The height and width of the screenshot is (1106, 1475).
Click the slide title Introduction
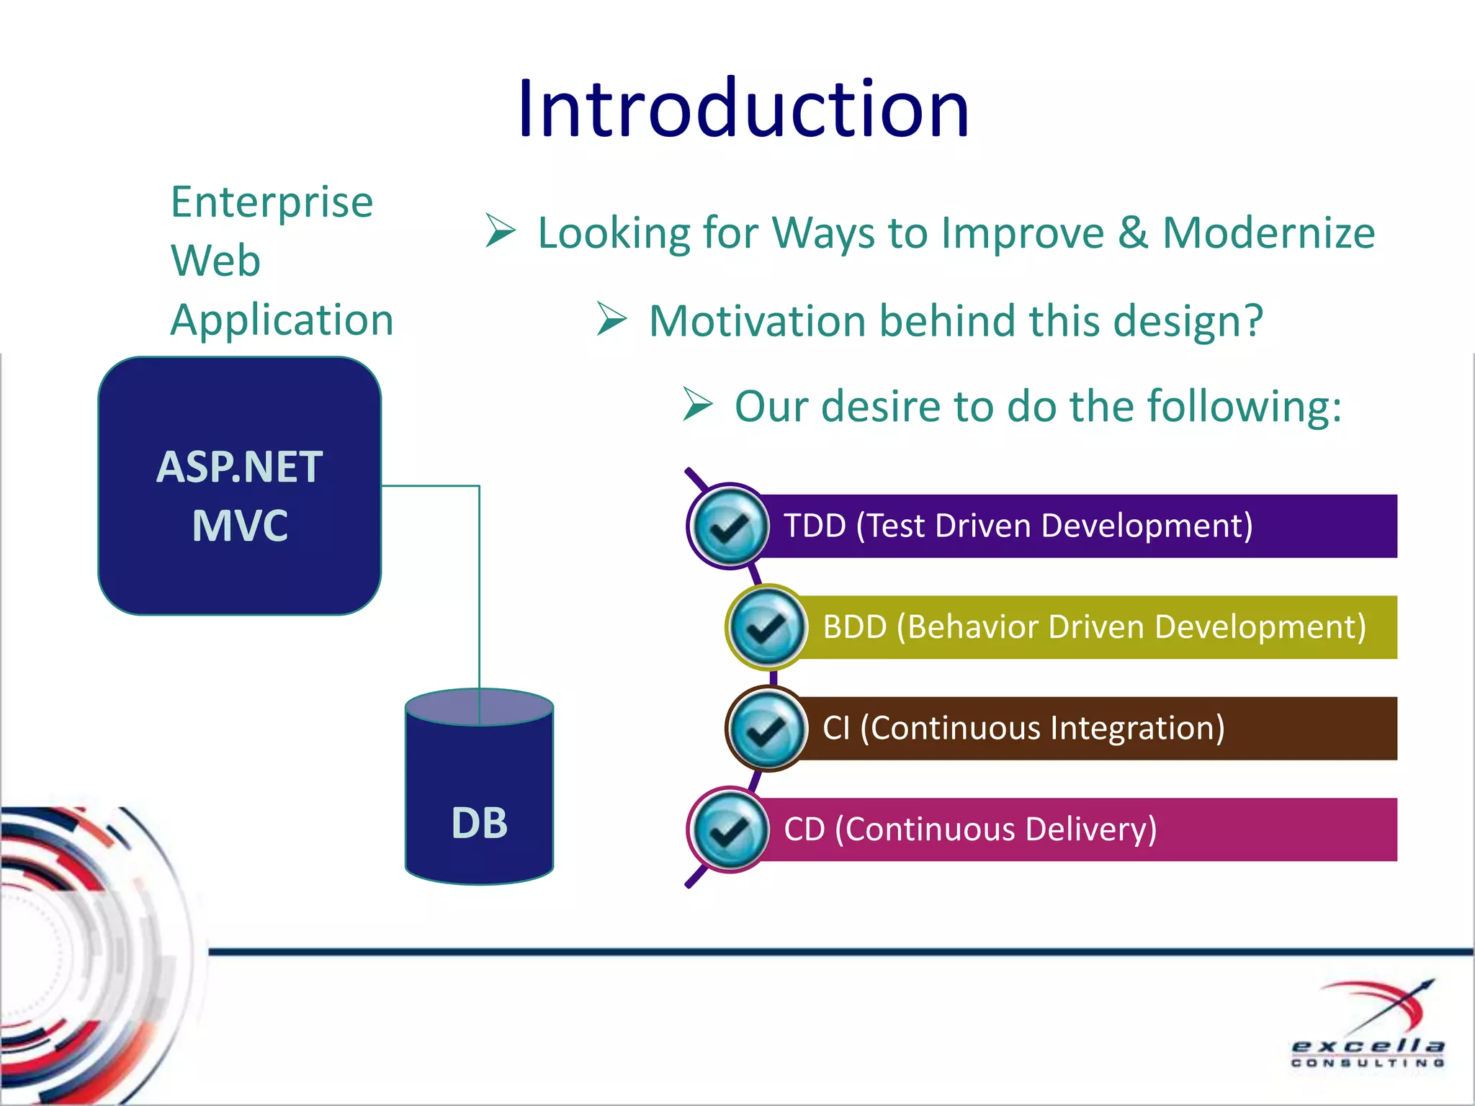743,109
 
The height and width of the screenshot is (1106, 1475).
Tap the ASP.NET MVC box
239,486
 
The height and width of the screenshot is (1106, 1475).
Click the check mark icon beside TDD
729,526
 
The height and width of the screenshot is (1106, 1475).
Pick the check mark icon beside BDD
767,627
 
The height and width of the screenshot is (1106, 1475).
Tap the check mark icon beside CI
767,729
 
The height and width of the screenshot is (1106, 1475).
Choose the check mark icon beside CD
729,829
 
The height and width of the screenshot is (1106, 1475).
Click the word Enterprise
272,202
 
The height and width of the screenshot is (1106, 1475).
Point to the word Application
282,320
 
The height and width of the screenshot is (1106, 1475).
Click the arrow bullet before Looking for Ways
500,231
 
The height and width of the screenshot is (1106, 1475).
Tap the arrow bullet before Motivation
611,319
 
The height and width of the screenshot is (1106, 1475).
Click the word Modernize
1268,233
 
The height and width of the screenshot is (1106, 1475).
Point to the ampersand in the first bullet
1133,233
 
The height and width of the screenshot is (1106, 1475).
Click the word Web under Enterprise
215,261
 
